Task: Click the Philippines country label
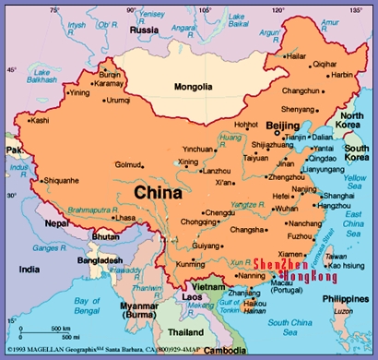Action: (346, 297)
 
